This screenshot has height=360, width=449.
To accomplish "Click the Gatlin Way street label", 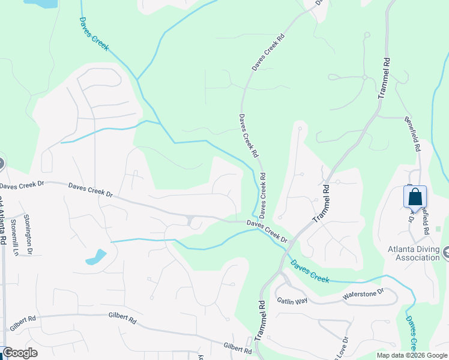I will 292,299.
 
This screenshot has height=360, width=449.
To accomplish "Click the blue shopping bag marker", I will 415,197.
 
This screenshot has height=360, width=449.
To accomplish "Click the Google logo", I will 20,353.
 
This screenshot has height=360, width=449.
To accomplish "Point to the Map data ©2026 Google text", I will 412,355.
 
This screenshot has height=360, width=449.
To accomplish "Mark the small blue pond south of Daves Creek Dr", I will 96,257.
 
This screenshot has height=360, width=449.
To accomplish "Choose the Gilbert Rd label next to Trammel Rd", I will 237,347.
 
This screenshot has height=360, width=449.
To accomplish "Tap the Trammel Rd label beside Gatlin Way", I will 259,320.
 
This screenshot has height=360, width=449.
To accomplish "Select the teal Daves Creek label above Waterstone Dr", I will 310,271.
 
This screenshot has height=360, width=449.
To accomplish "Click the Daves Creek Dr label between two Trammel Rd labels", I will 268,230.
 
